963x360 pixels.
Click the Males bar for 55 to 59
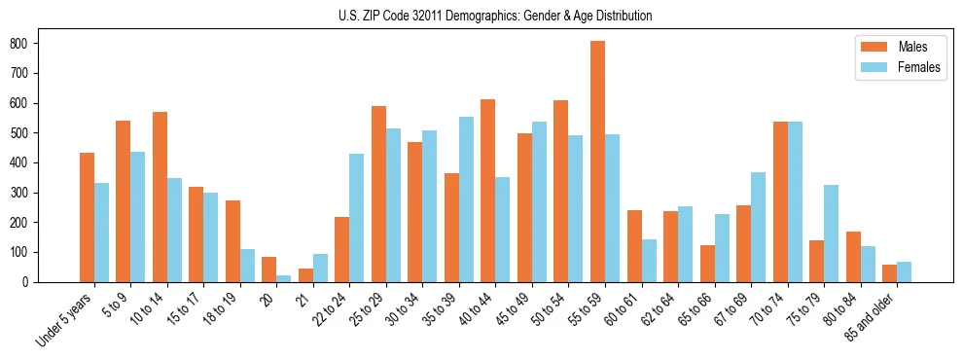point(597,162)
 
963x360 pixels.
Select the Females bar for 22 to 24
point(356,218)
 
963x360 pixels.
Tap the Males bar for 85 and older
point(889,273)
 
